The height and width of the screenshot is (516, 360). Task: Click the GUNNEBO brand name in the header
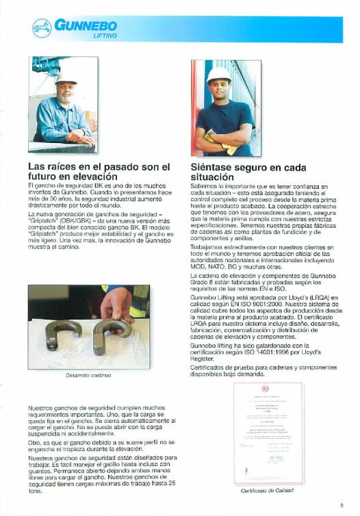(x=86, y=25)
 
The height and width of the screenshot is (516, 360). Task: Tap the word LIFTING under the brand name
(x=105, y=35)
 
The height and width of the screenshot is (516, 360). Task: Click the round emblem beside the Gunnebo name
(x=41, y=29)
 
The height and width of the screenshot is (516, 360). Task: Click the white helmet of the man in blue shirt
(x=218, y=74)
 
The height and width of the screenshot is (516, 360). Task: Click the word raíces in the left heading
(x=68, y=166)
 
